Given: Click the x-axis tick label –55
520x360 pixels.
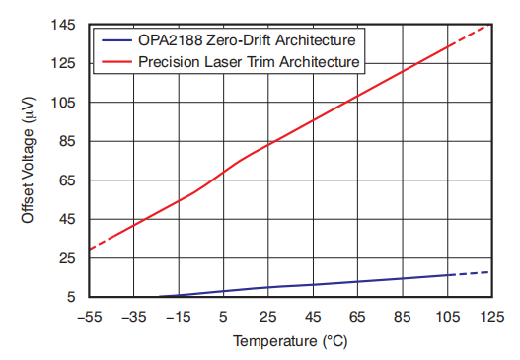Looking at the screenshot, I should pyautogui.click(x=89, y=316).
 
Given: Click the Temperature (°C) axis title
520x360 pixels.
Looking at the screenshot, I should pyautogui.click(x=290, y=342).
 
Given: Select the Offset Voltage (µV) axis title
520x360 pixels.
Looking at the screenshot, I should pyautogui.click(x=29, y=160).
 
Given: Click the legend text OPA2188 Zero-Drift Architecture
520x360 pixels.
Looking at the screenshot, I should pyautogui.click(x=248, y=42).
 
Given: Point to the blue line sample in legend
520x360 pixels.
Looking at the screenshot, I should pyautogui.click(x=115, y=42).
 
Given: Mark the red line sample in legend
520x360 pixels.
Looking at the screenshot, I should pyautogui.click(x=115, y=62).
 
